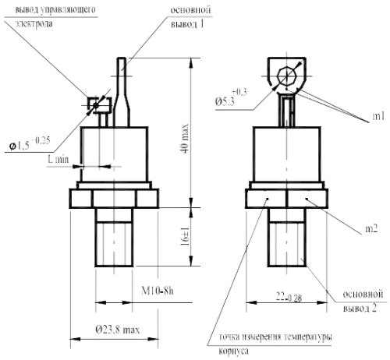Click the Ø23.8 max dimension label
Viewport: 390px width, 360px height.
(117, 330)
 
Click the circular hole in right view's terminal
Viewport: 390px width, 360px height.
(287, 76)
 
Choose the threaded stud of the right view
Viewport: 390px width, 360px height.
(287, 242)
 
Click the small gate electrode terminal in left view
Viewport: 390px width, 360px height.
(98, 108)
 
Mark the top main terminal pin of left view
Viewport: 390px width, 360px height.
(124, 74)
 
